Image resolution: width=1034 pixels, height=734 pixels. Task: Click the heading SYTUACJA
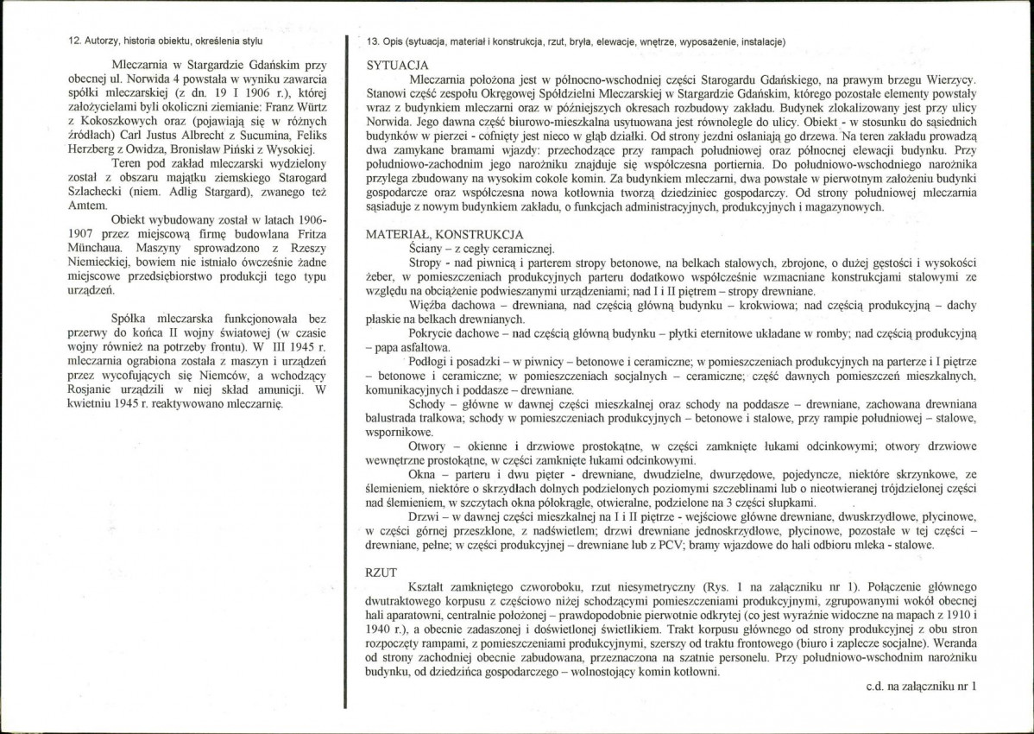[396, 66]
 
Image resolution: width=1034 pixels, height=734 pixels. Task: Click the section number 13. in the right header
[373, 41]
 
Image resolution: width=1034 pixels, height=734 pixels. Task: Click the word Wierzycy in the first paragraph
[950, 79]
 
